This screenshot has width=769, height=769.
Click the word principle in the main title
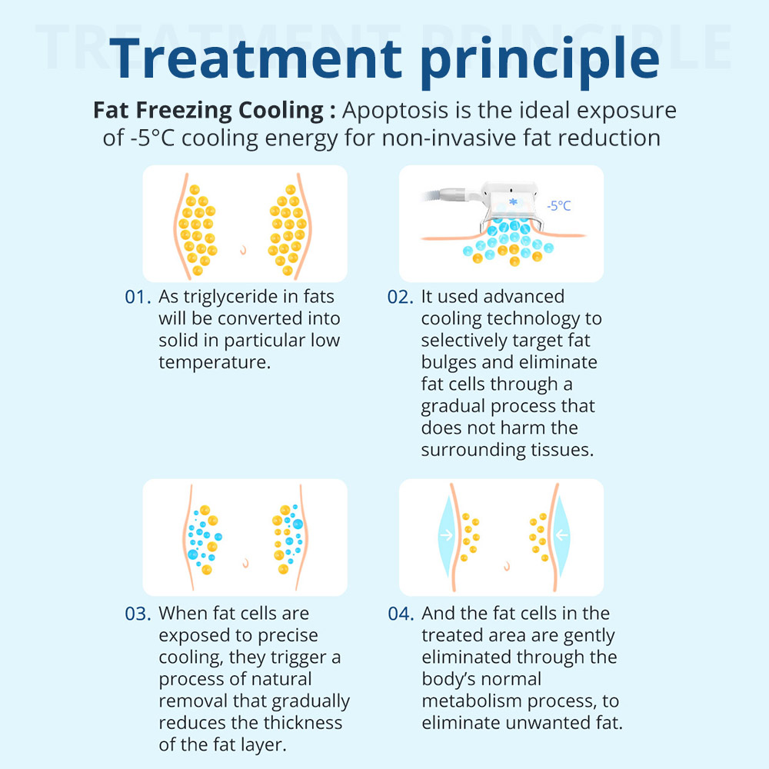coord(540,61)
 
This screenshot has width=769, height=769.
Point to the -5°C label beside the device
coord(558,205)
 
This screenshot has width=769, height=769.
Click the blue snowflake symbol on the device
coord(513,201)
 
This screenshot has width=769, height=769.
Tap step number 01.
coord(138,297)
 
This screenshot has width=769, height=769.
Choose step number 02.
coord(400,297)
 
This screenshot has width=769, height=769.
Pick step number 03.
coord(138,614)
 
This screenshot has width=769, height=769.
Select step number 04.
coord(401,614)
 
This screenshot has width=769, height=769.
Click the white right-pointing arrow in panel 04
coord(446,534)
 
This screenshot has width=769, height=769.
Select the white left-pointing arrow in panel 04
coord(562,534)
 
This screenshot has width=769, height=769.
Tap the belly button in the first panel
coord(243,250)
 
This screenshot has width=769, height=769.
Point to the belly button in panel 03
coord(246,563)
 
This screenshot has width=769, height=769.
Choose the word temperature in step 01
coord(215,363)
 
